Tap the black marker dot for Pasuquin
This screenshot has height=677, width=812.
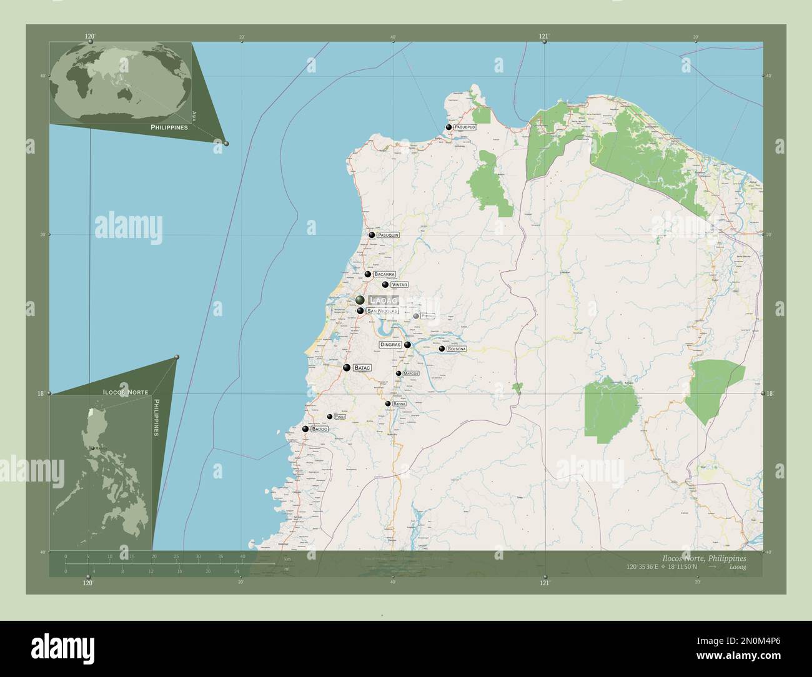[372, 235]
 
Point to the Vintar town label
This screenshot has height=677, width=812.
[400, 284]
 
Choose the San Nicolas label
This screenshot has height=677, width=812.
[382, 310]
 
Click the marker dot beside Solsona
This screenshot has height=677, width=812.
[442, 348]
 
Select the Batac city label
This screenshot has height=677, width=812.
[362, 368]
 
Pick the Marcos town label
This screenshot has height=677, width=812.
[410, 373]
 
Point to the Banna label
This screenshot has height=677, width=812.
[400, 404]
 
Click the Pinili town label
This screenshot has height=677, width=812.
[340, 417]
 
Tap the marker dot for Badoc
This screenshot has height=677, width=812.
[305, 429]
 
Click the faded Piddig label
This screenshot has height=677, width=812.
[428, 316]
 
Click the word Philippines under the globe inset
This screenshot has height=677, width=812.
[169, 127]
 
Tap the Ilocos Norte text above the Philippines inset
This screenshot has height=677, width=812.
[126, 390]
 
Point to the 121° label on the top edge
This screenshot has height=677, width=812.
[545, 37]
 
